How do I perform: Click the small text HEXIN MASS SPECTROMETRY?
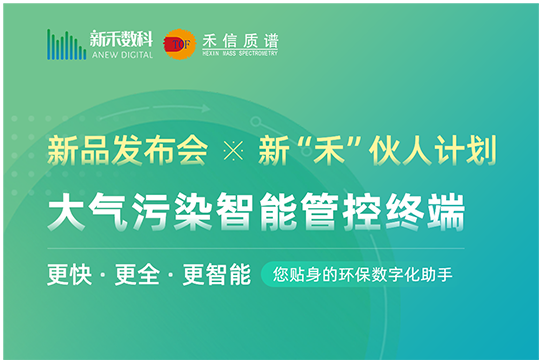239,53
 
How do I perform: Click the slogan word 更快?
70,273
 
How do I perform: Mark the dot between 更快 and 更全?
104,273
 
